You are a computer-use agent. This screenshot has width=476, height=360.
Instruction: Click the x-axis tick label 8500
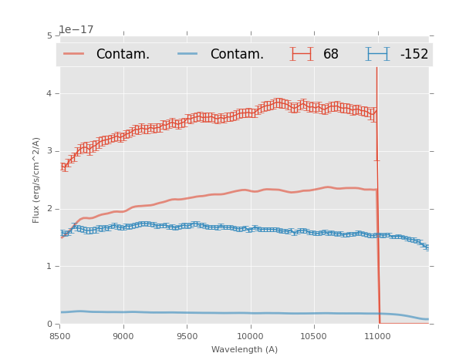pos(60,337)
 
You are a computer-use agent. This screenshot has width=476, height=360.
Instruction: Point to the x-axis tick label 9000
pos(123,337)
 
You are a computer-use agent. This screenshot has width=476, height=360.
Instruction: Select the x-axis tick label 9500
pos(187,337)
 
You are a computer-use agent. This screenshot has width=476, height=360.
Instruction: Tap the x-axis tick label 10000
pos(251,337)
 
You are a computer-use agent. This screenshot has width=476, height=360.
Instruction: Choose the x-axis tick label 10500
pos(314,337)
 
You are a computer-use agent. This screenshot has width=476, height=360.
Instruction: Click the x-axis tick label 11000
pos(377,337)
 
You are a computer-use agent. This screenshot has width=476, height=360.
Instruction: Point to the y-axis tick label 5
pos(49,35)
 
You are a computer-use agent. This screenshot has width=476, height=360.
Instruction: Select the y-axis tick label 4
pos(49,93)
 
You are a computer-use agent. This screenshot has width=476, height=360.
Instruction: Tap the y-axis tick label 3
pos(49,151)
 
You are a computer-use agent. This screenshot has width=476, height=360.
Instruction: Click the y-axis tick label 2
pos(49,209)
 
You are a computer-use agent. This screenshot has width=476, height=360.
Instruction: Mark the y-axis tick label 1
pos(49,267)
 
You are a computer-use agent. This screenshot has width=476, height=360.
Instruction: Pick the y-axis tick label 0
pos(49,324)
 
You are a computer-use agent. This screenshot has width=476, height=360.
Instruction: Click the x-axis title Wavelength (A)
pos(245,350)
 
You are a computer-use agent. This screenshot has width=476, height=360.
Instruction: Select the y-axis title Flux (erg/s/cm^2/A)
pos(36,180)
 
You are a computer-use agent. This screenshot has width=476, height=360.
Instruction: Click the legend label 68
pos(331,54)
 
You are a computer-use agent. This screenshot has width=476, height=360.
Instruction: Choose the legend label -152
pos(414,54)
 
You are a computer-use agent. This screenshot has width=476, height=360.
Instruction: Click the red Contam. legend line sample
pos(74,54)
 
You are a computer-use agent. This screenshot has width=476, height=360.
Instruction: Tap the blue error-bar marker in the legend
pos(377,54)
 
